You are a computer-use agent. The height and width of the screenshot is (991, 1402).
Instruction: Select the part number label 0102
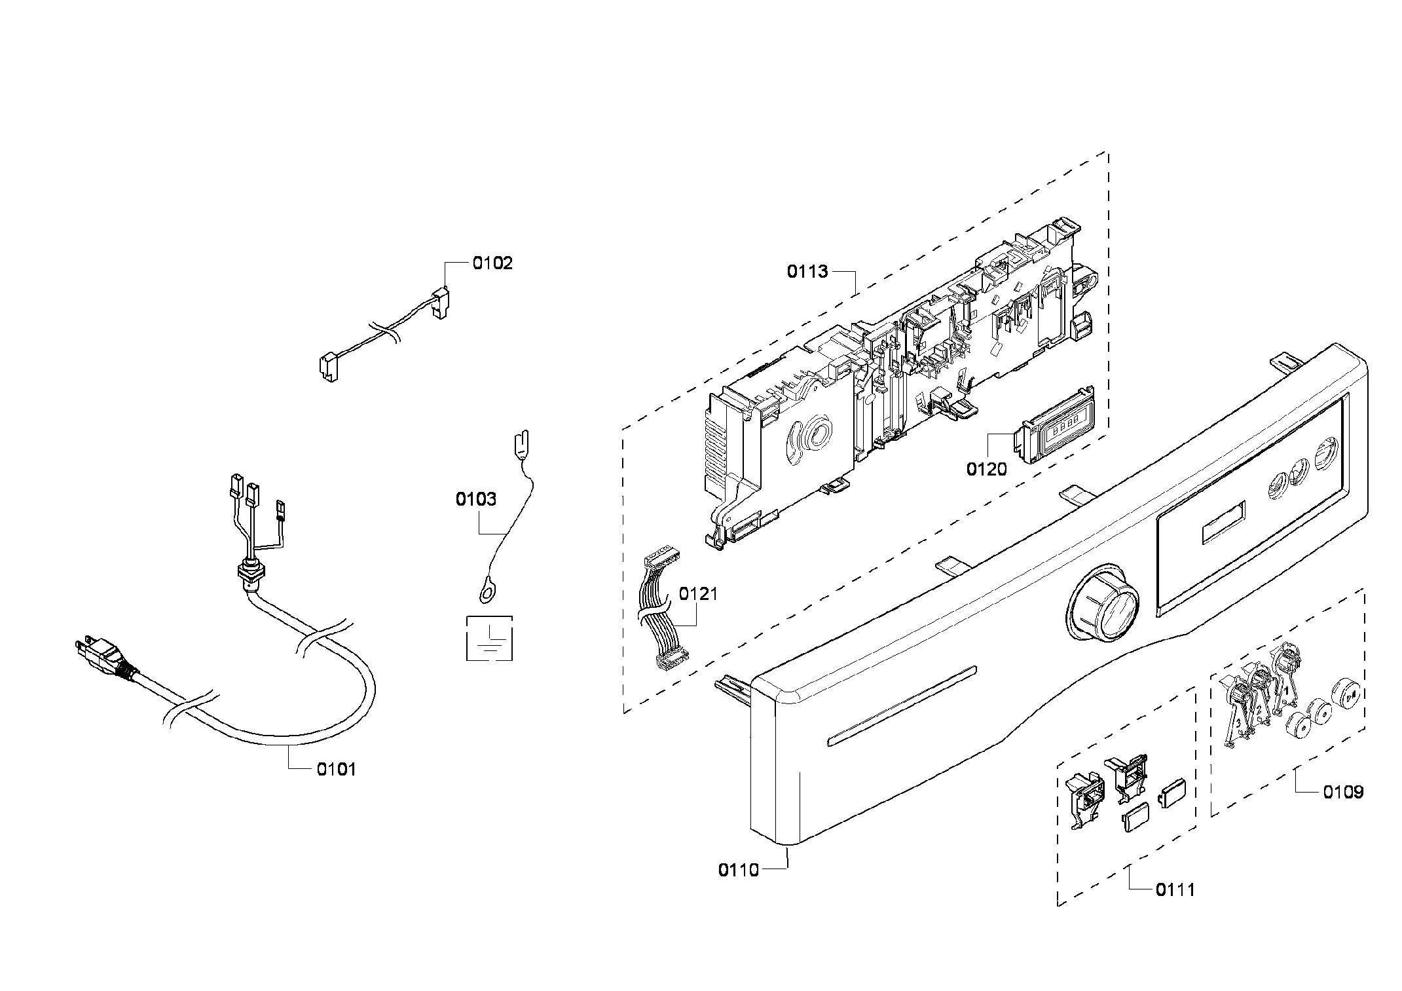coord(492,263)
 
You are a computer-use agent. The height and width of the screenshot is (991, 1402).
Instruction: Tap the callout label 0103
coord(476,500)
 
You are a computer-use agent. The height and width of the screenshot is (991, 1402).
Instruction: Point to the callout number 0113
coord(807,272)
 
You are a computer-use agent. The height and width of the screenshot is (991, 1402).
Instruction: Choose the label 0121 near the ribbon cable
coord(698,594)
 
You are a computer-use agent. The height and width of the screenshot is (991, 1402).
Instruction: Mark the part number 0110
coord(738,870)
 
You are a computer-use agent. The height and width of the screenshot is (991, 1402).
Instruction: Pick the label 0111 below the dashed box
coord(1175,889)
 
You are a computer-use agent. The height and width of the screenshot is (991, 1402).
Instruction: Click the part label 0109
coord(1343,792)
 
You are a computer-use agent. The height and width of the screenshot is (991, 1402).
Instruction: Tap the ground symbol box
coord(489,638)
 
